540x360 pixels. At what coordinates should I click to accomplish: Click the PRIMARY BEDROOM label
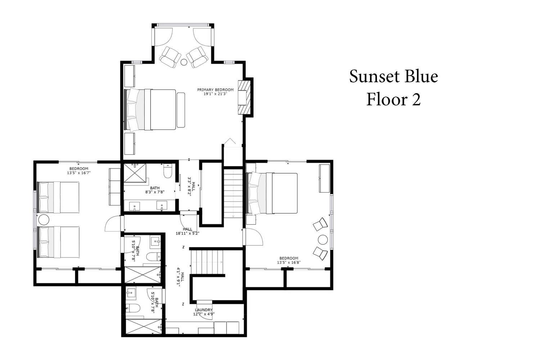point(215,90)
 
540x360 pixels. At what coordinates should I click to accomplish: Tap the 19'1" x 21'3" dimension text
point(215,94)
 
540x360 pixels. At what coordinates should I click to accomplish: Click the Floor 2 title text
point(393,99)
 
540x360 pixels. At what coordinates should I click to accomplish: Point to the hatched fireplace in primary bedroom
point(244,98)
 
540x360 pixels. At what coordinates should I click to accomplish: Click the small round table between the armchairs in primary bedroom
point(184,62)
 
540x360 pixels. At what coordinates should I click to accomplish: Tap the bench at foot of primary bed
point(181,110)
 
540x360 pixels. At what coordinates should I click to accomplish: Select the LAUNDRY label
point(204,310)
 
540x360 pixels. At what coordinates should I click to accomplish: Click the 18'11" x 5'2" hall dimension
point(187,233)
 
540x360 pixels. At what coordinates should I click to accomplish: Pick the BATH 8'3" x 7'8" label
point(155,190)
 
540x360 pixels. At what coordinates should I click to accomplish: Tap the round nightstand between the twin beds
point(44,220)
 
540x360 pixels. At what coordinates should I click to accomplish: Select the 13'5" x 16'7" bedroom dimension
point(79,173)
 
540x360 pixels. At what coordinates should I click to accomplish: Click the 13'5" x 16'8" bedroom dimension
point(289,262)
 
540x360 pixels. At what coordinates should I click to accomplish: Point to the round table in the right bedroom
point(323,240)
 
